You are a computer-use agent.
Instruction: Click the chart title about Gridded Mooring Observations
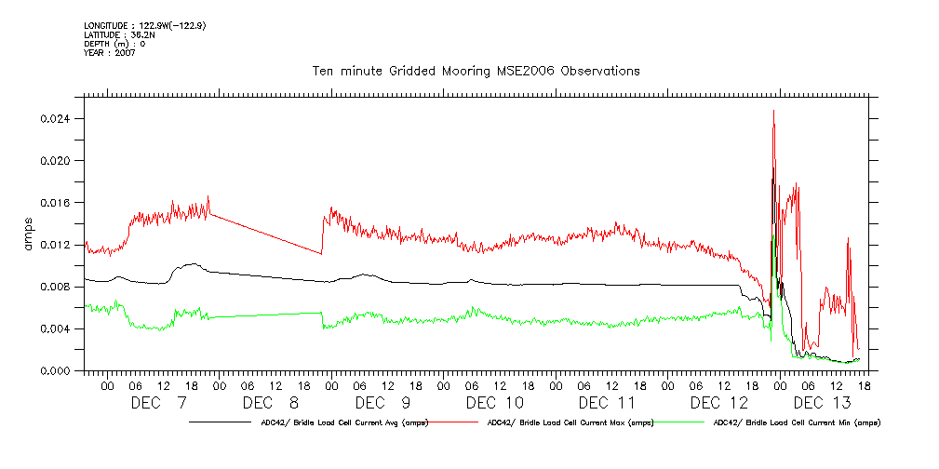(475, 71)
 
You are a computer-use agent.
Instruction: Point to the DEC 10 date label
(494, 403)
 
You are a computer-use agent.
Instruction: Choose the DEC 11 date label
(606, 403)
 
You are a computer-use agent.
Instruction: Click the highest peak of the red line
(773, 111)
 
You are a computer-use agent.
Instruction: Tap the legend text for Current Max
(570, 422)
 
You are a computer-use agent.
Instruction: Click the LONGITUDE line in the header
(144, 26)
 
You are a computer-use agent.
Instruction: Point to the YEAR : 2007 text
(110, 53)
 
